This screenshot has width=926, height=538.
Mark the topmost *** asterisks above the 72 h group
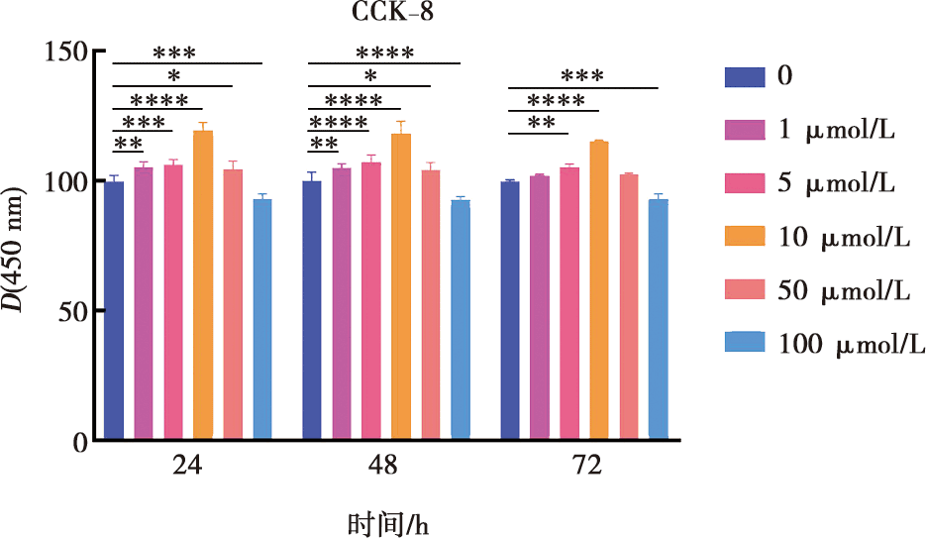(582, 76)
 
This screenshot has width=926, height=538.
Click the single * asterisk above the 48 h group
(370, 76)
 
